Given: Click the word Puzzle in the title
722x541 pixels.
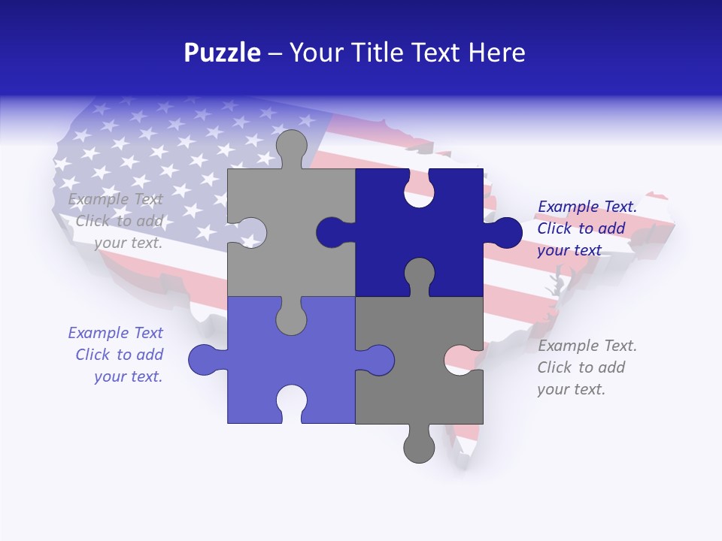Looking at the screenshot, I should click(223, 53).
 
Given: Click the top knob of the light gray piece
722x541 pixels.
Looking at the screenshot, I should click(291, 147).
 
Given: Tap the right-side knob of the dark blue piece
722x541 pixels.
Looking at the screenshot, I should click(504, 232).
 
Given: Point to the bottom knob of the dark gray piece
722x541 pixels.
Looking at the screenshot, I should click(419, 445).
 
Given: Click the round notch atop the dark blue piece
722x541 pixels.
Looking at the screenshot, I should click(419, 190).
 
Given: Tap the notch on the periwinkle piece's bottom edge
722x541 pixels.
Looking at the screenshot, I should click(291, 402).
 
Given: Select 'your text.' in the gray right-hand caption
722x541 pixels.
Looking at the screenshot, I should click(571, 389).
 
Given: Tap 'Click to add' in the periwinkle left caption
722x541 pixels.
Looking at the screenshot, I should click(119, 355).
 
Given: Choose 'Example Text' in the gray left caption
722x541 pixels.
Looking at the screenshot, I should click(115, 199).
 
